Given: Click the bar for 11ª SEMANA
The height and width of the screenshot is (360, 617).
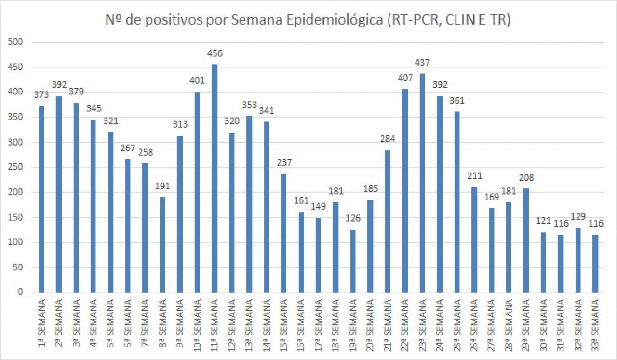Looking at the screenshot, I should (214, 178).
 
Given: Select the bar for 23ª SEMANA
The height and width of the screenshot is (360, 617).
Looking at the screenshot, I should (422, 183).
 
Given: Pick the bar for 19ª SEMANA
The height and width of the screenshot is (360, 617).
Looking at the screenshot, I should (353, 261).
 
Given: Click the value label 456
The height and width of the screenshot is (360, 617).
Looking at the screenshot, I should (214, 53).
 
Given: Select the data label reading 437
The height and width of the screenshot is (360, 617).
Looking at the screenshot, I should (422, 63).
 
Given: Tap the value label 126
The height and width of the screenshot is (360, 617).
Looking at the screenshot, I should (353, 219).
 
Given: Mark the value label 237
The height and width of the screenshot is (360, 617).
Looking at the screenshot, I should (284, 163).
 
